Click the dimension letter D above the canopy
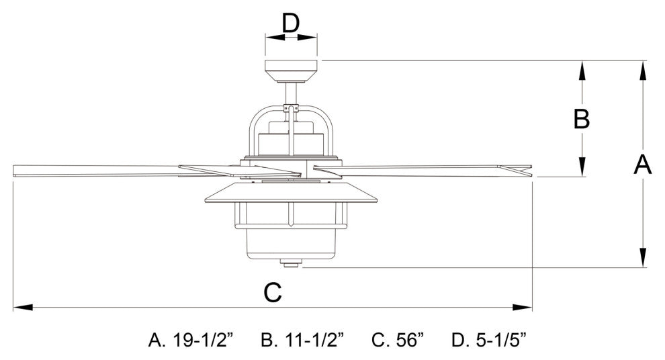click(x=291, y=24)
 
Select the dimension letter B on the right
click(x=582, y=119)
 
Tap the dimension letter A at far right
click(x=643, y=165)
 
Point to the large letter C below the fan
click(x=272, y=292)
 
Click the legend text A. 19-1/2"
click(x=191, y=340)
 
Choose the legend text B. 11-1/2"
click(x=303, y=340)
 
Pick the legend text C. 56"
click(x=398, y=340)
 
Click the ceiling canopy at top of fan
click(x=291, y=71)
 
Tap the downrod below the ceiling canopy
click(x=291, y=94)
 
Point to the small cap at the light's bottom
click(x=291, y=264)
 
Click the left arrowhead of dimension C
click(x=23, y=307)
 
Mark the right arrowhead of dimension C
click(x=523, y=307)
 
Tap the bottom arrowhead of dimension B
click(x=582, y=167)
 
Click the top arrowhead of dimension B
click(x=582, y=71)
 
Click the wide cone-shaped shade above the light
click(x=291, y=193)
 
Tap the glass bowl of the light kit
click(x=291, y=244)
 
